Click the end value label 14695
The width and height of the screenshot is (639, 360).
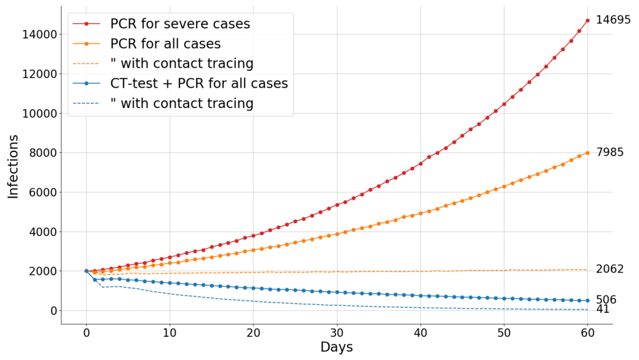(x=613, y=20)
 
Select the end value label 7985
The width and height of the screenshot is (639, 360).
(x=610, y=152)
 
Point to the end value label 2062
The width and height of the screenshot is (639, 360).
(x=610, y=269)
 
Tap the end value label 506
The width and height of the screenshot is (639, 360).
(x=606, y=300)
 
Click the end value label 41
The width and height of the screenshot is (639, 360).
(x=603, y=309)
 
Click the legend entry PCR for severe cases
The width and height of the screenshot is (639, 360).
(x=180, y=24)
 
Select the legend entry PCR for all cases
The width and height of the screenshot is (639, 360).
(x=165, y=44)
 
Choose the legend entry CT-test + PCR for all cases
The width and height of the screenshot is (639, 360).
(x=199, y=84)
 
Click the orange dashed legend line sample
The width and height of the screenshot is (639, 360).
(x=86, y=64)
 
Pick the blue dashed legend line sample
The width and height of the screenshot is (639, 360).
(x=86, y=104)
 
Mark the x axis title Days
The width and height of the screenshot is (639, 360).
(x=336, y=348)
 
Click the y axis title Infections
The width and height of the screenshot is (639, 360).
(x=13, y=166)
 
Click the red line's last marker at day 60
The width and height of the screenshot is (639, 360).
(x=587, y=20)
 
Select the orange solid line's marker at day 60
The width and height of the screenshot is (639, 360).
(x=587, y=153)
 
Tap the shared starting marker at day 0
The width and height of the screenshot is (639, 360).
(x=86, y=271)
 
